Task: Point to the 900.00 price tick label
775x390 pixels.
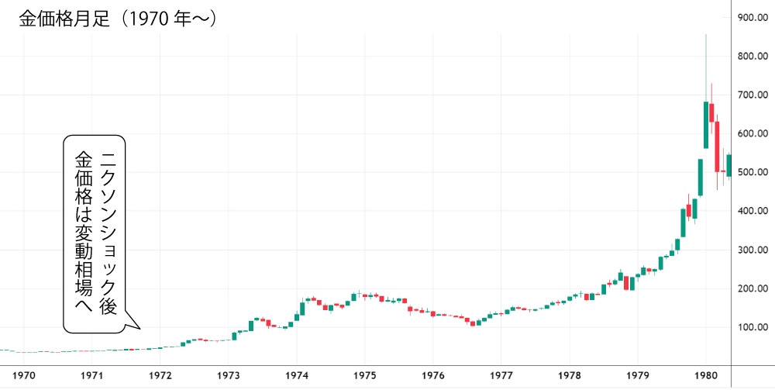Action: click(753, 18)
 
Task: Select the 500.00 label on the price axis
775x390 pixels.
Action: click(753, 172)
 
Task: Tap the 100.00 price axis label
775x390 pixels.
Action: click(753, 326)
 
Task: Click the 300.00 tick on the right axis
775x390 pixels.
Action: click(753, 250)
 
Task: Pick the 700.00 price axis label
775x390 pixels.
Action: click(753, 95)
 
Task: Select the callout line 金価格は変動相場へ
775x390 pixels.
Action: click(82, 233)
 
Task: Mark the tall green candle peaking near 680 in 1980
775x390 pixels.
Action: click(706, 124)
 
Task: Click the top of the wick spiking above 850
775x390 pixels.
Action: click(705, 36)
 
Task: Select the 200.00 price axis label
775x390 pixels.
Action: click(753, 288)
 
